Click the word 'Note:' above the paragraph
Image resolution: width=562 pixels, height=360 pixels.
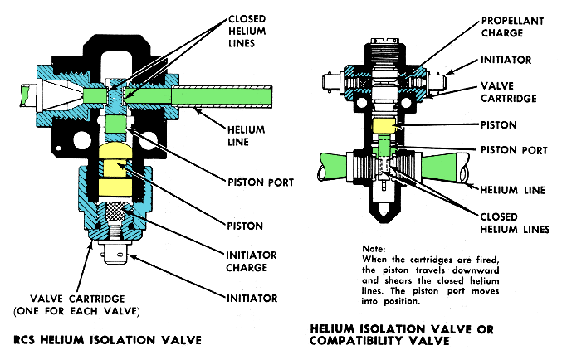[x=375, y=249]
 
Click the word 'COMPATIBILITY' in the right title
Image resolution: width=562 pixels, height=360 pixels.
[x=354, y=339]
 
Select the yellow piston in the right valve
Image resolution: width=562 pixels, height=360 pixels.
[x=385, y=127]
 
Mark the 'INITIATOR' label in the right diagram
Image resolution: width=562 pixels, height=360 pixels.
[x=506, y=60]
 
